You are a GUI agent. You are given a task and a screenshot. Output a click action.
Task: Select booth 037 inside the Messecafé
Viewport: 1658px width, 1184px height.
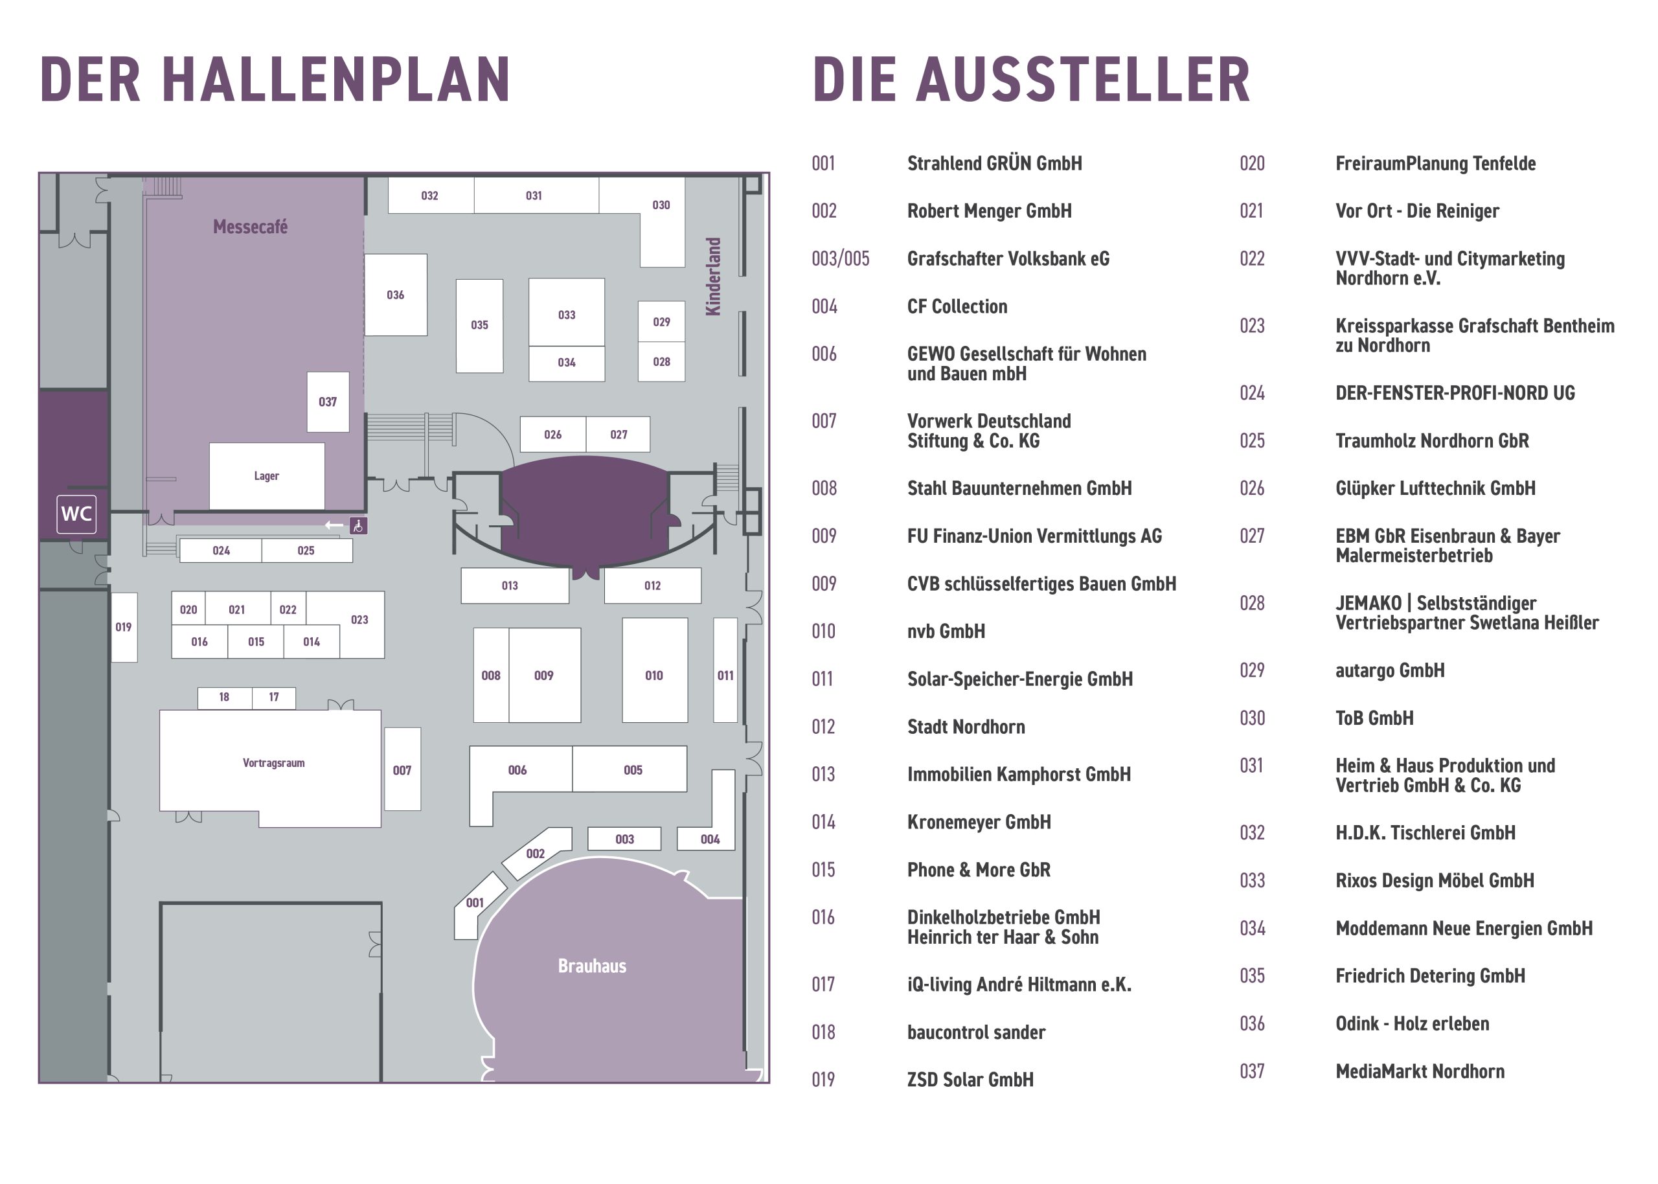pos(328,402)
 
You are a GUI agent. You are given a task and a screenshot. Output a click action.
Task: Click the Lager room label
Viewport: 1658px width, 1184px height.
pos(267,476)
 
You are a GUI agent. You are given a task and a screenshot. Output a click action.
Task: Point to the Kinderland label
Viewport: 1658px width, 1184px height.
pos(713,277)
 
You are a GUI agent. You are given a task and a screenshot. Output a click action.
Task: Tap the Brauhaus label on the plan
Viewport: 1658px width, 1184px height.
pos(592,966)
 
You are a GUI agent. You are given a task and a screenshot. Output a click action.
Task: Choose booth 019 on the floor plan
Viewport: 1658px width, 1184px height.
pos(124,627)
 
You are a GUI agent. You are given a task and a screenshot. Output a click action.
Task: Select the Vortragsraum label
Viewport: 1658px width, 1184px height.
pos(273,764)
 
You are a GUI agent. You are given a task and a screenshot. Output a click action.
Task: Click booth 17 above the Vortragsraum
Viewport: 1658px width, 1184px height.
pos(274,698)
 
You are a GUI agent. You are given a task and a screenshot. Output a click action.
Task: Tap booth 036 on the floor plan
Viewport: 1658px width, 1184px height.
pos(396,295)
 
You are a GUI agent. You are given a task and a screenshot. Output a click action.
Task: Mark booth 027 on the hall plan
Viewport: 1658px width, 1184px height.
pos(618,435)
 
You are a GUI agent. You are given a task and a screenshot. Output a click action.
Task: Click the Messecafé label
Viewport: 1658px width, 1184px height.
pos(250,227)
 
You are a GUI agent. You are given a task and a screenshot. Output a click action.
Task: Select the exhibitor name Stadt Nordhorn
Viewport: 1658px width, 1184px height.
pos(966,727)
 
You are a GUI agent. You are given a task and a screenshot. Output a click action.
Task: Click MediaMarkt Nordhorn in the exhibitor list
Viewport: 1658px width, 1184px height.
pos(1420,1072)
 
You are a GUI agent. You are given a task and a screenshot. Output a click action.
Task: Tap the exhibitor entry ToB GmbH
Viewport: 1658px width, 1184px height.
pos(1374,718)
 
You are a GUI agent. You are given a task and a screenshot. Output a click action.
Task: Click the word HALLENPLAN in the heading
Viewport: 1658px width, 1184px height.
pos(335,80)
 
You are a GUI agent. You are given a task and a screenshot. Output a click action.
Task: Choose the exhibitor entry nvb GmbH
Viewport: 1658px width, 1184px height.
pos(946,632)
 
